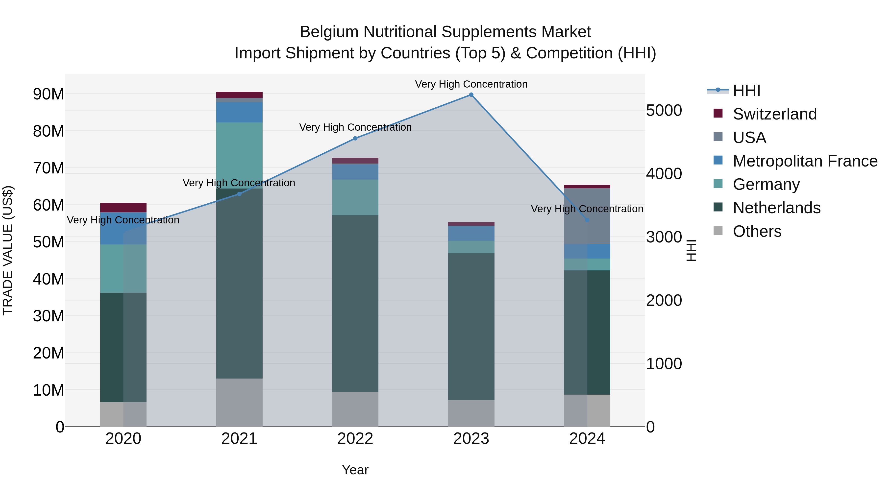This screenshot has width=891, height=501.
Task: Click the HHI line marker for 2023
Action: (x=471, y=95)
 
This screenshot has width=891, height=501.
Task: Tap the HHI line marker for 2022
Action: (x=355, y=138)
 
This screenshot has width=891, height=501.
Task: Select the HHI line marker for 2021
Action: (x=239, y=194)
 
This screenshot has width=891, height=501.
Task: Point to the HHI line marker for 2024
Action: (x=587, y=220)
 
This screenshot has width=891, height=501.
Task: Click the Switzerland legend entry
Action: (x=774, y=114)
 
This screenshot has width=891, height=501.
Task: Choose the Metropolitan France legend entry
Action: (x=805, y=161)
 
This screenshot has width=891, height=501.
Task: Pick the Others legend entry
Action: (x=757, y=231)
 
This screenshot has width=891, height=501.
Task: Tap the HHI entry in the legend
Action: (x=746, y=91)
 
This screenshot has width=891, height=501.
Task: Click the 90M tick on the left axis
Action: (x=49, y=94)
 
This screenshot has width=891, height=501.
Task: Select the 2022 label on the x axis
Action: (x=355, y=439)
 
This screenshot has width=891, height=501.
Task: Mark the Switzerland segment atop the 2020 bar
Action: (x=123, y=208)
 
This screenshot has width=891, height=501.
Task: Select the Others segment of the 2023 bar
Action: (x=471, y=413)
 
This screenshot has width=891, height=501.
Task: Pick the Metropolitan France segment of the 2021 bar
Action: (x=239, y=112)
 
